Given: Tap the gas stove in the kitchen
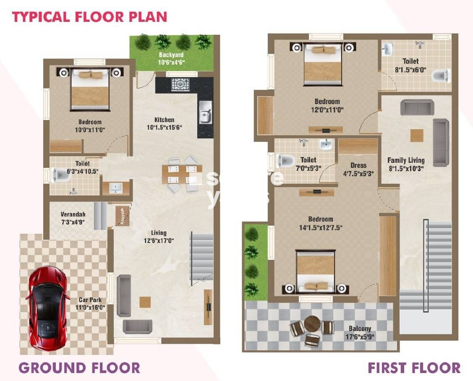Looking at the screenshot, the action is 180,85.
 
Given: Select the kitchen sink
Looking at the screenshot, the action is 205,112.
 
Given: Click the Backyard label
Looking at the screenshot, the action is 171,55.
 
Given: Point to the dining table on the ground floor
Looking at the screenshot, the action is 182,175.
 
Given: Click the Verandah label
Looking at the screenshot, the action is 73,214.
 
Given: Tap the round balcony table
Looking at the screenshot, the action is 312,324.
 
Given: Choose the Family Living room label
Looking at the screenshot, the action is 406,160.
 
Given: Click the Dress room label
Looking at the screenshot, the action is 358,165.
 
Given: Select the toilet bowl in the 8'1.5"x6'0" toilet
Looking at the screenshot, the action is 441,76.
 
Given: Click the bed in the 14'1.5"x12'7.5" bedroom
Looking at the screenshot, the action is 316,272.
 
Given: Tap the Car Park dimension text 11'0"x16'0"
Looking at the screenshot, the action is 90,308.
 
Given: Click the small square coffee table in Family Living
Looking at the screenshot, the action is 417,136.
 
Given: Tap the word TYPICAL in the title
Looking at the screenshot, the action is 41,17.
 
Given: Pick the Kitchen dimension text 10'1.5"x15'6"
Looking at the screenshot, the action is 165,128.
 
